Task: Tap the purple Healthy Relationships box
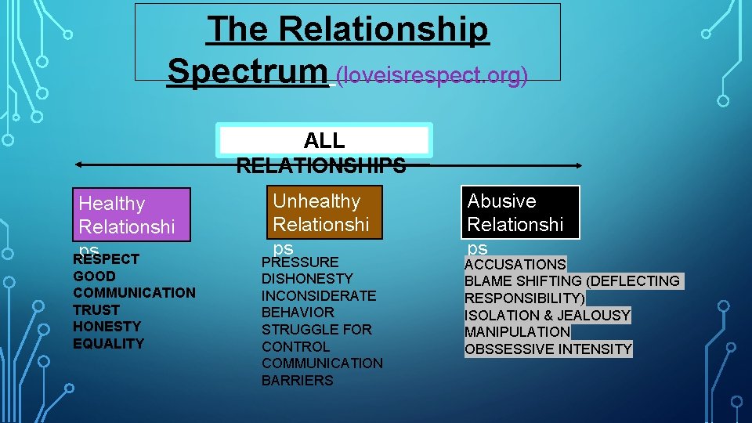click(x=131, y=215)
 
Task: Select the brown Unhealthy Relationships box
click(x=324, y=212)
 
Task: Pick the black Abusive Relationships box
click(x=521, y=212)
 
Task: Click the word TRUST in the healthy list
click(x=96, y=309)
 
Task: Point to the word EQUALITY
click(x=109, y=343)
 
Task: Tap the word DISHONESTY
click(x=307, y=278)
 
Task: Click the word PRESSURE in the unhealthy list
click(x=300, y=262)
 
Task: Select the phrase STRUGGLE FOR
click(x=316, y=329)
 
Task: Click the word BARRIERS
click(x=298, y=380)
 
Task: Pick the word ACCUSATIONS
click(x=515, y=264)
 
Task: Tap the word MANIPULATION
click(x=518, y=331)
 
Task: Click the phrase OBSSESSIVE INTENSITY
click(x=548, y=349)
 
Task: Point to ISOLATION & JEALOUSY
click(x=548, y=315)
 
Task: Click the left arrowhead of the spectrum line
click(x=78, y=165)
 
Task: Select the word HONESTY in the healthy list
click(x=107, y=326)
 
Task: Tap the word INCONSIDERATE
click(x=319, y=295)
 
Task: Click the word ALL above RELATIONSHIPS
click(x=324, y=140)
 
